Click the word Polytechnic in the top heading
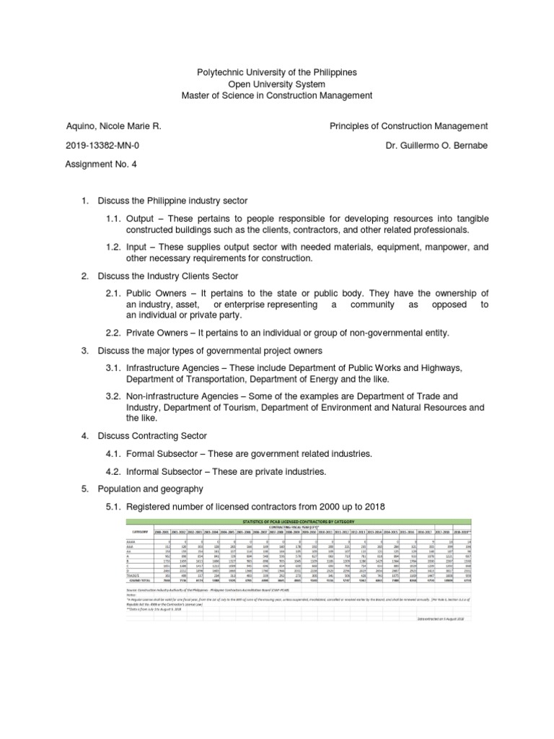(221, 74)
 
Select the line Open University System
(276, 84)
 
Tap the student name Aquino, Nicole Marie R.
(113, 126)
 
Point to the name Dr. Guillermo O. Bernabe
(437, 145)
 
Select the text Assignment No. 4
(101, 164)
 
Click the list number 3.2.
(114, 396)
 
